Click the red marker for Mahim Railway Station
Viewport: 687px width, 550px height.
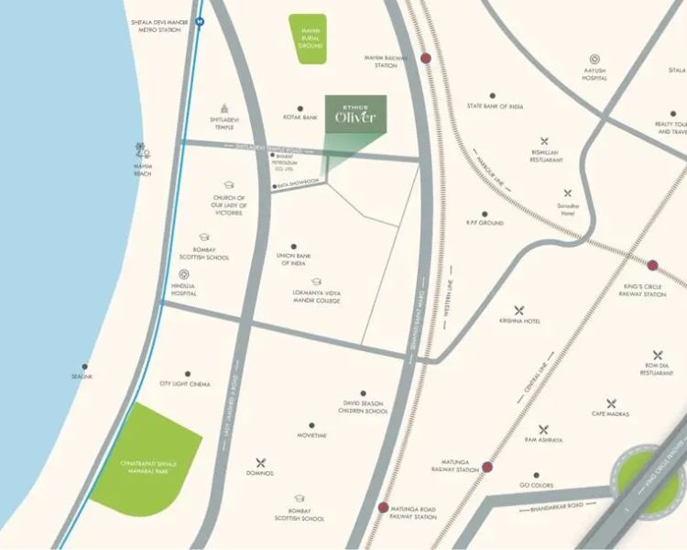426,59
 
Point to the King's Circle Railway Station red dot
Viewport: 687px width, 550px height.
652,266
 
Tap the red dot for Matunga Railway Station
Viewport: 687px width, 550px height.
487,467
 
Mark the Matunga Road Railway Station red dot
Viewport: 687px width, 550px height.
383,508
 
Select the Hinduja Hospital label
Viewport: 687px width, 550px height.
183,289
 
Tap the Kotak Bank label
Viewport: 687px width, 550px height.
300,118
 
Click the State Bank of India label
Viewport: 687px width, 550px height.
495,106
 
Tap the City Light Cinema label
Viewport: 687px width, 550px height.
185,384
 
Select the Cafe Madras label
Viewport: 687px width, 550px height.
611,414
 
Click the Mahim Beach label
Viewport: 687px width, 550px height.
142,170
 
